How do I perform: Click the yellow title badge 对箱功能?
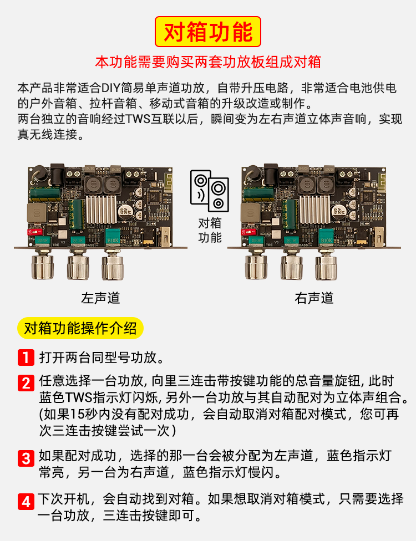pos(208,32)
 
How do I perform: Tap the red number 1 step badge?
pos(26,357)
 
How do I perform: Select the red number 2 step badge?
pos(26,383)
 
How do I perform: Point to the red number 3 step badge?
pos(26,458)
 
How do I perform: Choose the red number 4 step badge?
pos(26,501)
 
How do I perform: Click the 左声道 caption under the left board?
pos(100,298)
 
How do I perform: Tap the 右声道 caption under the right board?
pos(314,298)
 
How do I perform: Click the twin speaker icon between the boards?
pos(210,191)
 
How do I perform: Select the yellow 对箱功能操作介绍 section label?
pos(80,328)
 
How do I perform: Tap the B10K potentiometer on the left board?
pos(113,237)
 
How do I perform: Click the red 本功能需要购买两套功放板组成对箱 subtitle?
pos(208,62)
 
